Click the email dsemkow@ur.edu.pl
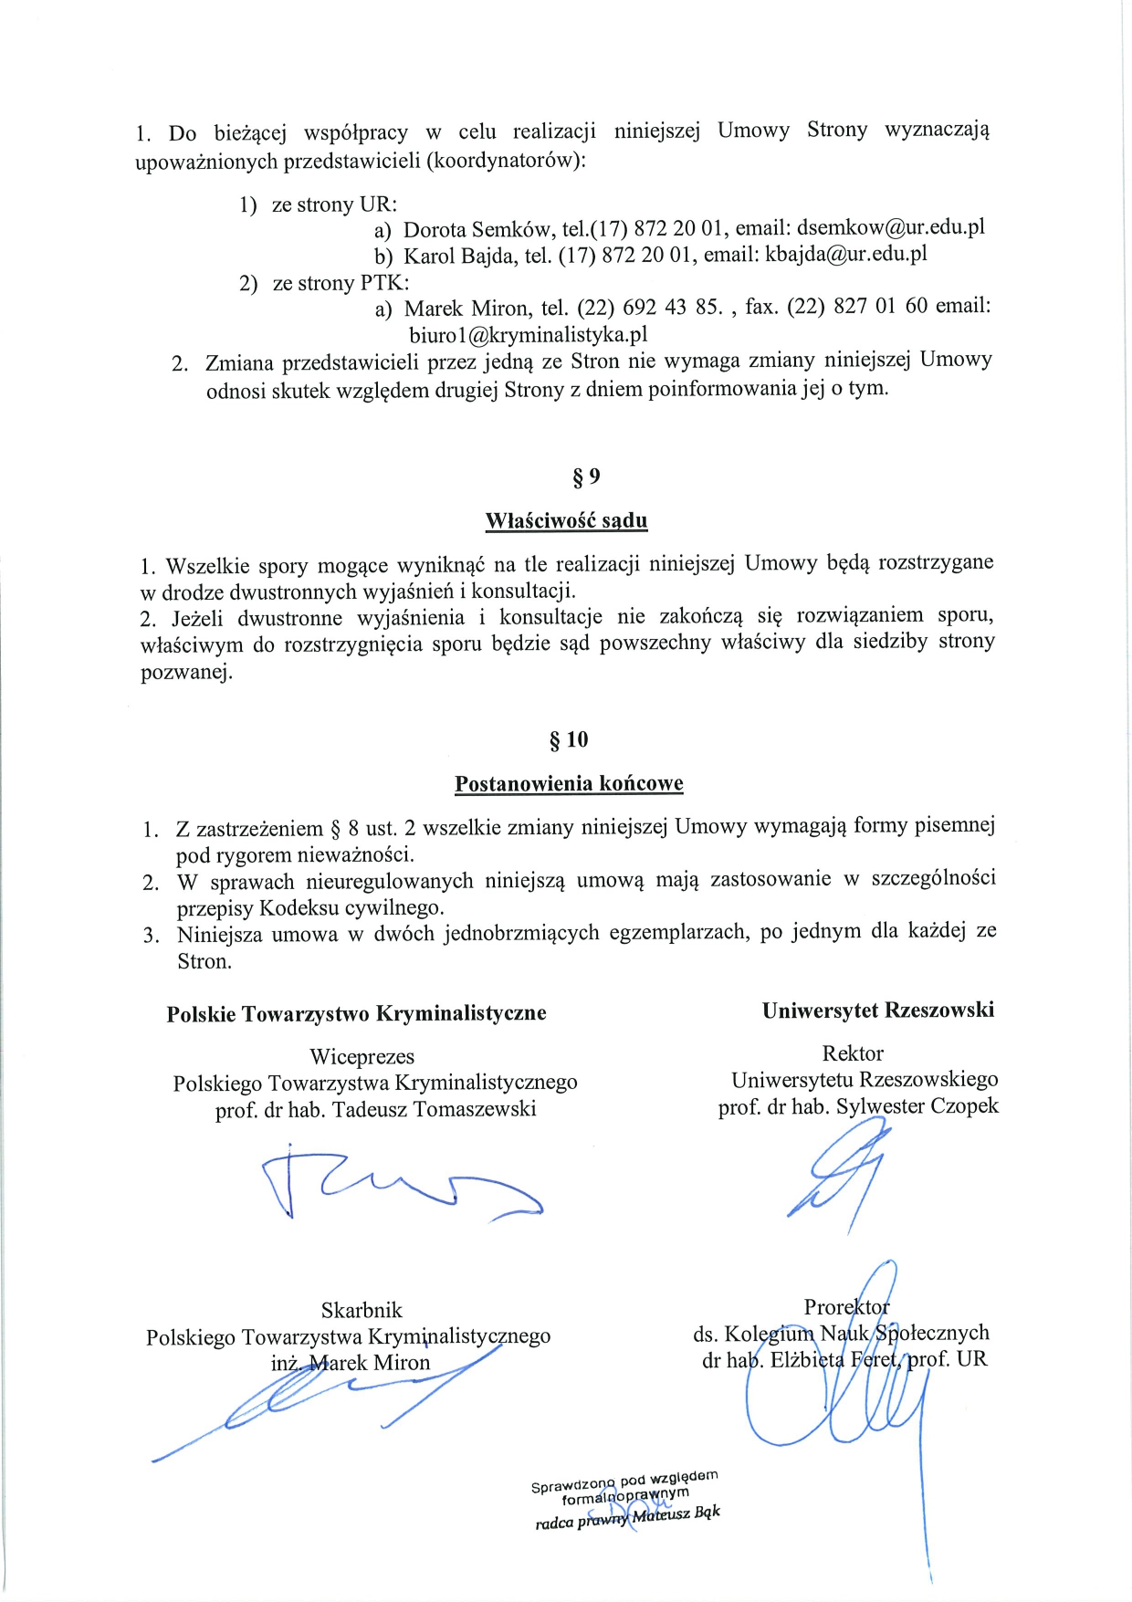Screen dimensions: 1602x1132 [890, 227]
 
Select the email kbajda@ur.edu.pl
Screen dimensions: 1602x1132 [845, 254]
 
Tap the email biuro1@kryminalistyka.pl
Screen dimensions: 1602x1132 [529, 334]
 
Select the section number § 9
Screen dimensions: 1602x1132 [586, 476]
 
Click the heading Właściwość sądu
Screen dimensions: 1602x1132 [566, 521]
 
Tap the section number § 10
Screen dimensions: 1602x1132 [569, 739]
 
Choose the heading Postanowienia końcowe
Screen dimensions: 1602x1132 [569, 784]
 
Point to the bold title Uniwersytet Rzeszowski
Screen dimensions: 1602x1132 [877, 1010]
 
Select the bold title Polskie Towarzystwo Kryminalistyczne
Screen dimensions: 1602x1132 [356, 1014]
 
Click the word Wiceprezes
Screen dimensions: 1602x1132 [362, 1057]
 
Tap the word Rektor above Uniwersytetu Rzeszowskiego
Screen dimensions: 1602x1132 [853, 1053]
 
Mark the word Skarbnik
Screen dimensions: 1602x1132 [362, 1311]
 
